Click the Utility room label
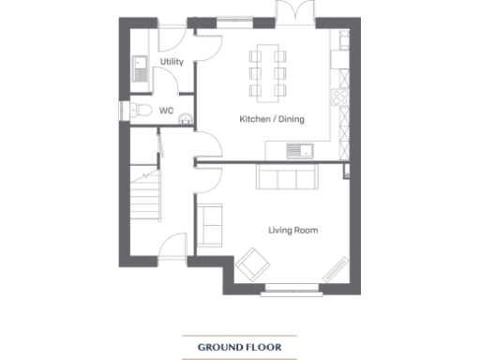click(x=172, y=62)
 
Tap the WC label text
click(x=167, y=111)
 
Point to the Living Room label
click(x=291, y=229)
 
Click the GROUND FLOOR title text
click(x=239, y=347)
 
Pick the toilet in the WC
click(x=141, y=112)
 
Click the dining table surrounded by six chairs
click(x=268, y=70)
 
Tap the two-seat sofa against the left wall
click(x=209, y=226)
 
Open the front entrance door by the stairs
click(x=174, y=247)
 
